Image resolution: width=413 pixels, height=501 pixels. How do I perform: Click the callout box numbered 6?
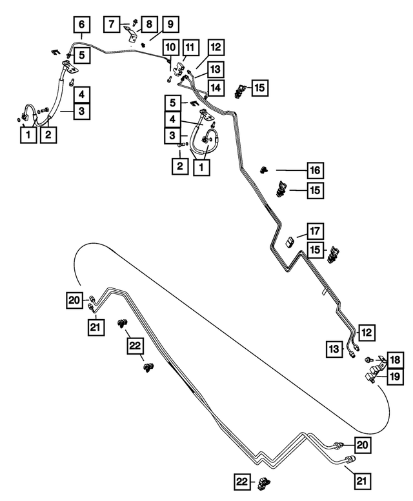pyautogui.click(x=82, y=25)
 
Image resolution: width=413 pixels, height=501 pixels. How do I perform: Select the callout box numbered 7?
pyautogui.click(x=112, y=24)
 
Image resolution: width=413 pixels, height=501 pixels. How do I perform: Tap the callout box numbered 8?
pyautogui.click(x=149, y=24)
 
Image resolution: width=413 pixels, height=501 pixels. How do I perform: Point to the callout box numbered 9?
pyautogui.click(x=170, y=24)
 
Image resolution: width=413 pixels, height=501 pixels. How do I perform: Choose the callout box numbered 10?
pyautogui.click(x=171, y=48)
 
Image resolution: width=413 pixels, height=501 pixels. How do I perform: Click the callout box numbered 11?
pyautogui.click(x=190, y=48)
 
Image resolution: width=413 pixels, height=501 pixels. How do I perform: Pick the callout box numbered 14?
pyautogui.click(x=216, y=88)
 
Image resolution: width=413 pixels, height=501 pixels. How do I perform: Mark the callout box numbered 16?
pyautogui.click(x=315, y=170)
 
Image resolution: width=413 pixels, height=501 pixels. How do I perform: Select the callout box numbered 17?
pyautogui.click(x=315, y=231)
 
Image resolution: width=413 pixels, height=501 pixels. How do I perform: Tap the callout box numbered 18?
pyautogui.click(x=396, y=360)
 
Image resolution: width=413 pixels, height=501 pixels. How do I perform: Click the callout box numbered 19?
pyautogui.click(x=396, y=377)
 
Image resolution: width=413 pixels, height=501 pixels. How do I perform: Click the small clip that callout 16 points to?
pyautogui.click(x=264, y=170)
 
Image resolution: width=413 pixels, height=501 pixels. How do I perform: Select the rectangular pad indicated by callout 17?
pyautogui.click(x=290, y=242)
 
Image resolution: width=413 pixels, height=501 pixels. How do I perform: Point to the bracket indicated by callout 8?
pyautogui.click(x=131, y=34)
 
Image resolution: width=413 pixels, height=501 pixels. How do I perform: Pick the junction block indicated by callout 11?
pyautogui.click(x=179, y=68)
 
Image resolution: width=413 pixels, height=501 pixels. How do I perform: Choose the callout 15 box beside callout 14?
pyautogui.click(x=259, y=88)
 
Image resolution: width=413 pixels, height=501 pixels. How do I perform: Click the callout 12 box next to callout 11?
pyautogui.click(x=216, y=48)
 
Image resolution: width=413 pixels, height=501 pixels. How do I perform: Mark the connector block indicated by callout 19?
pyautogui.click(x=372, y=375)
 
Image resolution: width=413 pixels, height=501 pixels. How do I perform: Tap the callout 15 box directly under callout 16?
pyautogui.click(x=315, y=190)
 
